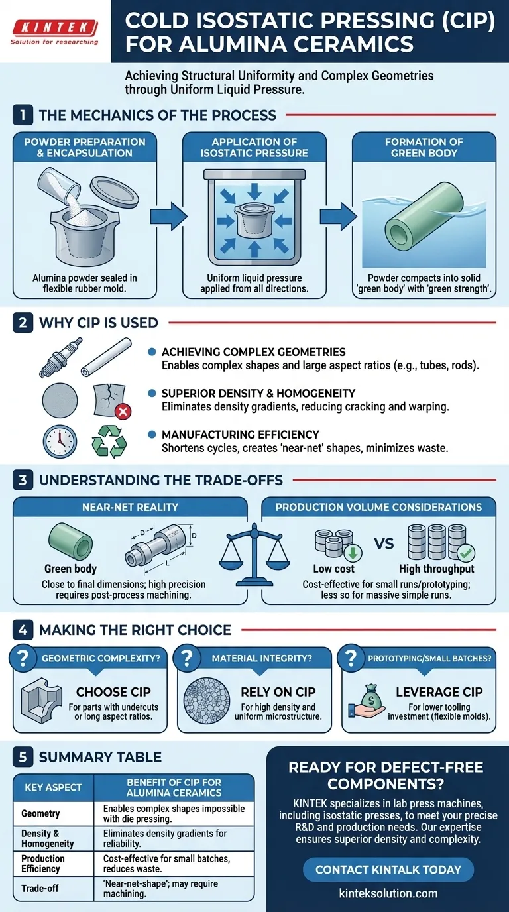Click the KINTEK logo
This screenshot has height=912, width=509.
click(54, 31)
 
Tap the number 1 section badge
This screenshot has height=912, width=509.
click(23, 115)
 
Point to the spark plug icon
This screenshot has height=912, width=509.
click(61, 357)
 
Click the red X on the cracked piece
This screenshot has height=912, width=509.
click(123, 411)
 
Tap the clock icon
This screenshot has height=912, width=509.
click(60, 441)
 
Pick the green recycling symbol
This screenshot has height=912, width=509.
click(109, 441)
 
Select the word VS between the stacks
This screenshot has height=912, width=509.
click(384, 543)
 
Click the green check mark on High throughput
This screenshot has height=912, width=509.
click(466, 553)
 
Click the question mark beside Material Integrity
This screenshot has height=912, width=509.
click(187, 657)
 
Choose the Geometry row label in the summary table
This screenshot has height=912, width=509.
click(40, 813)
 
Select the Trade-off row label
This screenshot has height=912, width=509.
click(40, 888)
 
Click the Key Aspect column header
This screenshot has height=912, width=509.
click(53, 787)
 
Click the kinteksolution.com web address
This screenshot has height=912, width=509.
click(388, 893)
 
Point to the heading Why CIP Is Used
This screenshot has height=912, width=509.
click(99, 323)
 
